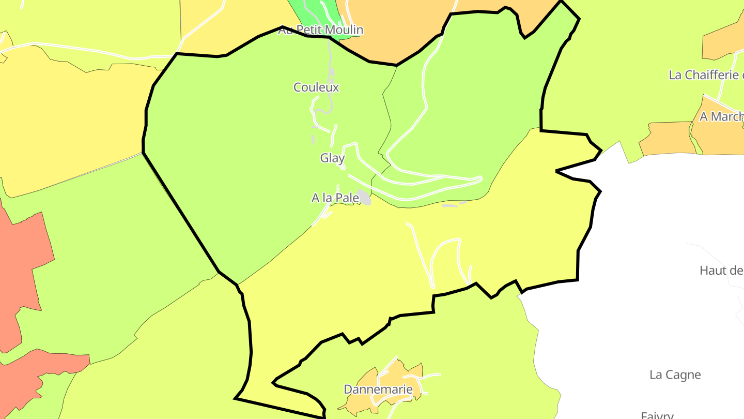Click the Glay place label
point(332,158)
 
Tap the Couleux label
point(316,87)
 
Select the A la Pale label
point(335,198)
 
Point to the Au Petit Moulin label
point(320,30)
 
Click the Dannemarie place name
point(378,390)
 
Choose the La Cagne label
point(675,375)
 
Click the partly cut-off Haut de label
point(721,270)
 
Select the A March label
point(721,117)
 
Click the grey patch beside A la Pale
point(365,198)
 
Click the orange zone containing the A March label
point(718,137)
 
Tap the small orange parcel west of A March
point(667,138)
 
